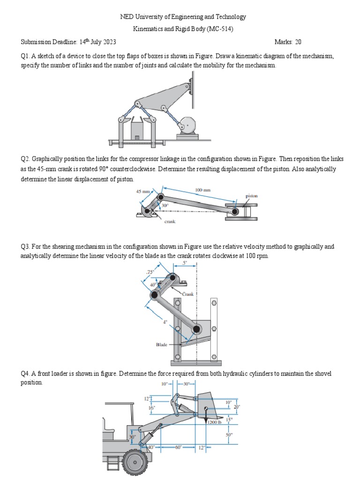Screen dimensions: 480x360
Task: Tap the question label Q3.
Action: (x=25, y=247)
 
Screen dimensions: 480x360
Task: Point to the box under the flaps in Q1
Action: (x=136, y=131)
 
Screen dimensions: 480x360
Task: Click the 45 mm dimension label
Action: (x=142, y=192)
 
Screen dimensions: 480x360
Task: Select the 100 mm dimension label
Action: (x=202, y=190)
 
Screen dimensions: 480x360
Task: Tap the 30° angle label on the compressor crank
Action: (x=165, y=205)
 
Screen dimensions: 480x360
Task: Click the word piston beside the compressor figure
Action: (x=252, y=196)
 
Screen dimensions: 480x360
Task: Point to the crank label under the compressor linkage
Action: (x=170, y=222)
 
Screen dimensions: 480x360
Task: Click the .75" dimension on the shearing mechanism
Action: (x=150, y=272)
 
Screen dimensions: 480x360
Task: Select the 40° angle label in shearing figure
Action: (x=153, y=285)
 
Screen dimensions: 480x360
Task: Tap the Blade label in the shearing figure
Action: (x=162, y=345)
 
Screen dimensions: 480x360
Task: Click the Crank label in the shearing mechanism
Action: (x=187, y=294)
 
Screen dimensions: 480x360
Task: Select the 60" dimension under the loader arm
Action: (x=178, y=447)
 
